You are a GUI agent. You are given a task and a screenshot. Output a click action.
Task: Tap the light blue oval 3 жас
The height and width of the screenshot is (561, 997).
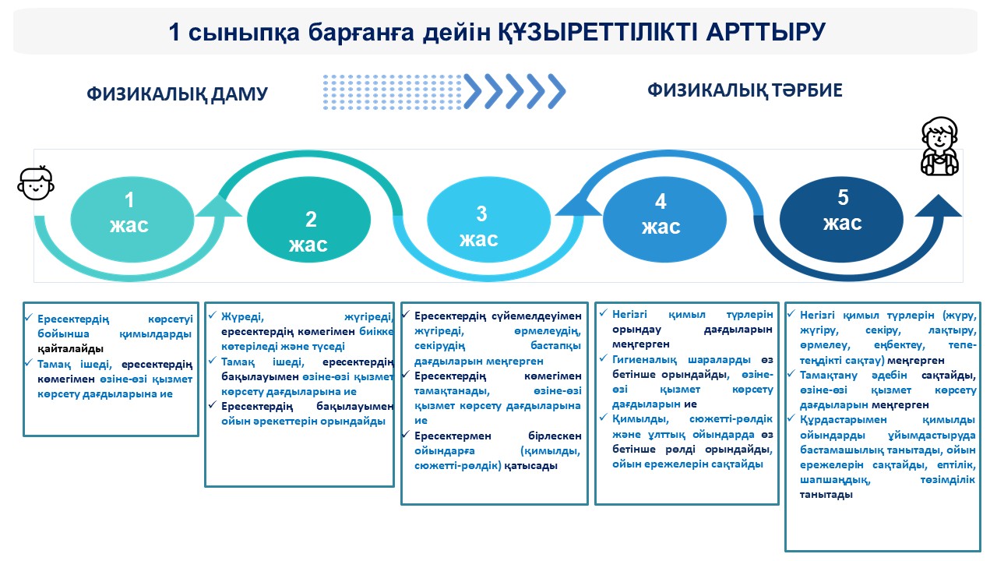(x=488, y=226)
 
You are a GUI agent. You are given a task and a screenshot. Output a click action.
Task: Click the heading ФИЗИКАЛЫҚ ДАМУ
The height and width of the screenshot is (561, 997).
(x=178, y=94)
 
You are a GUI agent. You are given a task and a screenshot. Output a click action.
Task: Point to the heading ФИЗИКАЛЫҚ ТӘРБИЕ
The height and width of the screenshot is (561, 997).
(x=745, y=90)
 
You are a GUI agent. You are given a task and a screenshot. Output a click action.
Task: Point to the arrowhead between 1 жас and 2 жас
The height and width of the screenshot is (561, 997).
(x=219, y=206)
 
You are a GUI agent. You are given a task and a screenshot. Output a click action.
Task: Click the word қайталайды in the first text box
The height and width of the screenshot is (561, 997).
(x=71, y=348)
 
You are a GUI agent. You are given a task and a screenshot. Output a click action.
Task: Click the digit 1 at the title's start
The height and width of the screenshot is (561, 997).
(x=176, y=33)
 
